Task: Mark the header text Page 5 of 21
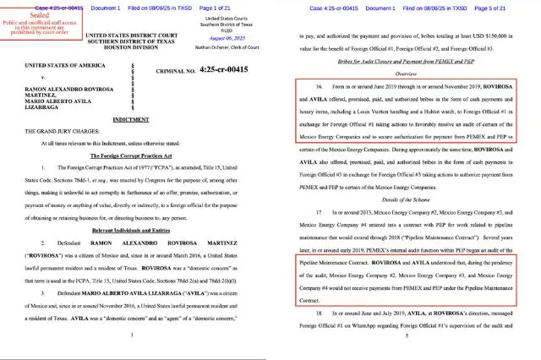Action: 511,8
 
